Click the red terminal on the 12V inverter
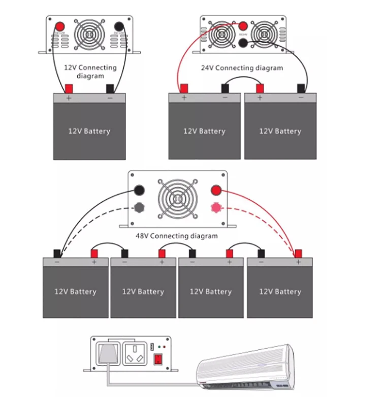[59, 26]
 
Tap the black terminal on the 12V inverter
[120, 26]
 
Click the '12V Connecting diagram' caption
[90, 71]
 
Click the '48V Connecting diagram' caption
[177, 236]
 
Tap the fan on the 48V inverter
[177, 198]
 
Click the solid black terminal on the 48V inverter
[138, 191]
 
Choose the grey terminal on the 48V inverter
[138, 207]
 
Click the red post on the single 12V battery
[69, 88]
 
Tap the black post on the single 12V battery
[110, 88]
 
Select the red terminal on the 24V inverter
[242, 26]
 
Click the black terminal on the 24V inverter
[242, 43]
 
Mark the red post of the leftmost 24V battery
[183, 88]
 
